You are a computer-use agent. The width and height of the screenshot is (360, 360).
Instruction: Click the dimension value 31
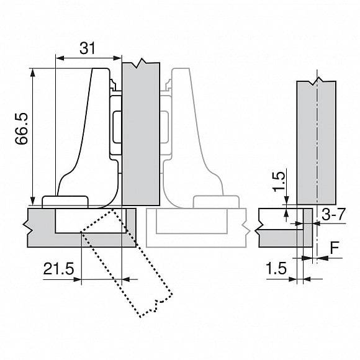pos(88,48)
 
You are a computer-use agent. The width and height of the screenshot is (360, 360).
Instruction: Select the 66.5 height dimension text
pos(21,128)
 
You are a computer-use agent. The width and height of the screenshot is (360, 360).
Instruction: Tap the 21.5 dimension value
pos(59,269)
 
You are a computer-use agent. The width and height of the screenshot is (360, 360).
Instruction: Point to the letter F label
pos(335,248)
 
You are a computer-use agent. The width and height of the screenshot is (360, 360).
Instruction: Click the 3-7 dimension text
pos(333,215)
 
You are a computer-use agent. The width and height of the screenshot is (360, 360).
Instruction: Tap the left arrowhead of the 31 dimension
pos(60,58)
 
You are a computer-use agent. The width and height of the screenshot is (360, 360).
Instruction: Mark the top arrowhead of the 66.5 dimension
pos(33,73)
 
